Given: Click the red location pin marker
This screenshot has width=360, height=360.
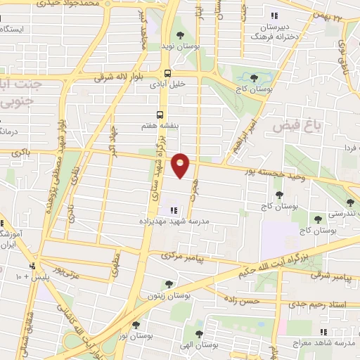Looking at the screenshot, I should (181, 165).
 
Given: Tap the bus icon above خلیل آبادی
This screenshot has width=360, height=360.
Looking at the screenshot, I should (167, 72).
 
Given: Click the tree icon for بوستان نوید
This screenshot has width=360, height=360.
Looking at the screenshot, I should (181, 34).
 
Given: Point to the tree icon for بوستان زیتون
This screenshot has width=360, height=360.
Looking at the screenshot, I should (168, 284).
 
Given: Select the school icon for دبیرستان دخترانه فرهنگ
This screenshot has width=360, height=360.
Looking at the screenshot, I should (274, 15).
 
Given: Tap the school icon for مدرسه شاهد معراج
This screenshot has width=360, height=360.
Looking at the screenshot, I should (323, 332).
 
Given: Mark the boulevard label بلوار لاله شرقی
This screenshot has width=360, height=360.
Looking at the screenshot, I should (103, 76).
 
